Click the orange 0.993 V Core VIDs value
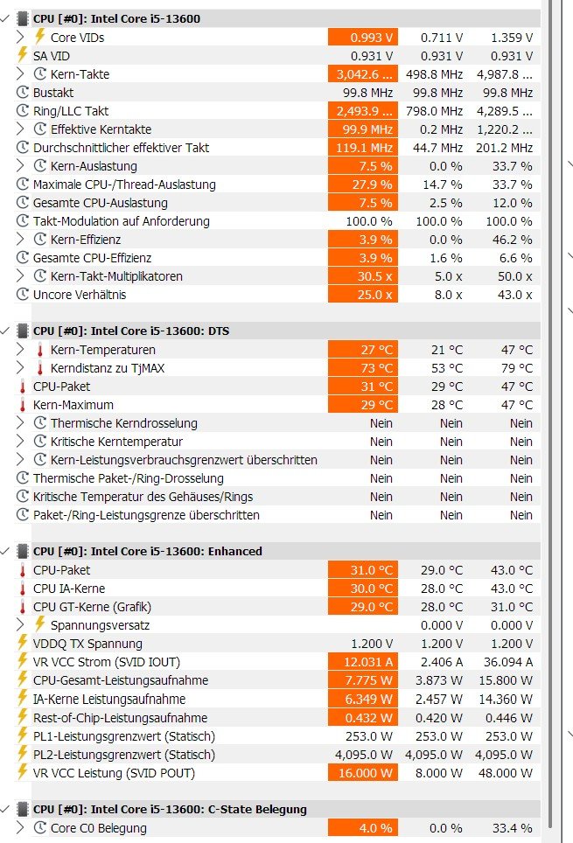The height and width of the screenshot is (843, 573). coord(362,37)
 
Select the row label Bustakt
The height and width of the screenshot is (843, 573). coord(53,93)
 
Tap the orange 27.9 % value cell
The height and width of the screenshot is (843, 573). coord(362,185)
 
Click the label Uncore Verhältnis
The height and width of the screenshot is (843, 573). coord(80,295)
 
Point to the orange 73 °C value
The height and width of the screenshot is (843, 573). coord(362,368)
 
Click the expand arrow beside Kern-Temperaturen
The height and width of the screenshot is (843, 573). coord(21,350)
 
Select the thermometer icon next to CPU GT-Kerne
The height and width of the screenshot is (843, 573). coord(23,607)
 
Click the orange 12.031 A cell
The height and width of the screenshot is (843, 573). coord(362,662)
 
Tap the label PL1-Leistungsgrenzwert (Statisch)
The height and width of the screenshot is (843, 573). coord(123,736)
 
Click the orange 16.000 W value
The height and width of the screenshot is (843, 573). coord(362,773)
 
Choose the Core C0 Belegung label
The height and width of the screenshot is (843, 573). coord(99,828)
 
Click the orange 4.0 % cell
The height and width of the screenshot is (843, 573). coord(362,828)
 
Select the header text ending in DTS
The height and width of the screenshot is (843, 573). coord(131,331)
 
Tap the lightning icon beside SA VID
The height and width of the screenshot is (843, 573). coord(23,55)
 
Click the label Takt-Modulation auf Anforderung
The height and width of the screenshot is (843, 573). coord(121,221)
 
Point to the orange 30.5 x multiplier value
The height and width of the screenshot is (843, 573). coord(362,276)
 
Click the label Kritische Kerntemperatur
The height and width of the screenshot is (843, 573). coord(116,442)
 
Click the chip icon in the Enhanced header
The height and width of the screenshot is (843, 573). coord(23,552)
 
